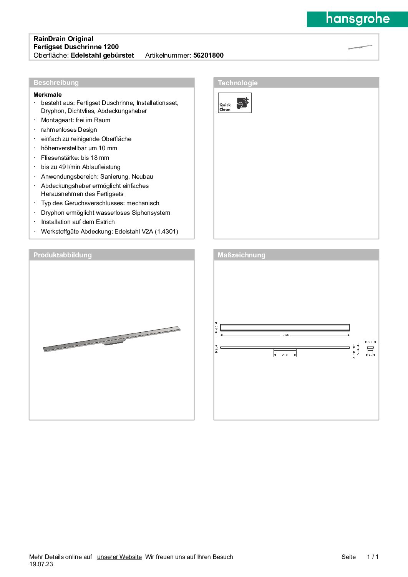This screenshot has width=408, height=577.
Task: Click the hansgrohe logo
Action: [357, 19]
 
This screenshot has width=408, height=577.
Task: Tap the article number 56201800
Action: [208, 55]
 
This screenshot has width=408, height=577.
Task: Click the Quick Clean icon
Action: [234, 103]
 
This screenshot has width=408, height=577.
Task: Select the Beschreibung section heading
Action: [56, 83]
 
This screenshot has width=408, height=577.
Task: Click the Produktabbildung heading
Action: [62, 255]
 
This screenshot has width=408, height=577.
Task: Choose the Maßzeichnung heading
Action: [241, 255]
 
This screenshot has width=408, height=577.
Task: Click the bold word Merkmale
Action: [48, 95]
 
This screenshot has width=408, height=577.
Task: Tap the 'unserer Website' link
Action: [119, 557]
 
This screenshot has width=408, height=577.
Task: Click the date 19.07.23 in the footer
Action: [41, 564]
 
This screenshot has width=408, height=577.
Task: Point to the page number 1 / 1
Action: [373, 557]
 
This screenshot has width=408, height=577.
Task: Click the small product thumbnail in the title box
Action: [360, 47]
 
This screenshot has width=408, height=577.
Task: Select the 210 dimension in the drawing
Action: [285, 355]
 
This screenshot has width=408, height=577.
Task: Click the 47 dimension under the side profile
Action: [370, 355]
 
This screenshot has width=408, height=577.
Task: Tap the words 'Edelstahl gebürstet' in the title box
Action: [102, 55]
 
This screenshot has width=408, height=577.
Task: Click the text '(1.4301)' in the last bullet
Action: [166, 232]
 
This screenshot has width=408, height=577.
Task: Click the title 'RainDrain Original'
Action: [63, 39]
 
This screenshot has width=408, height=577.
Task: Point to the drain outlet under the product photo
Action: [113, 342]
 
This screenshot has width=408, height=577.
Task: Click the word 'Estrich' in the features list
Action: [105, 222]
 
